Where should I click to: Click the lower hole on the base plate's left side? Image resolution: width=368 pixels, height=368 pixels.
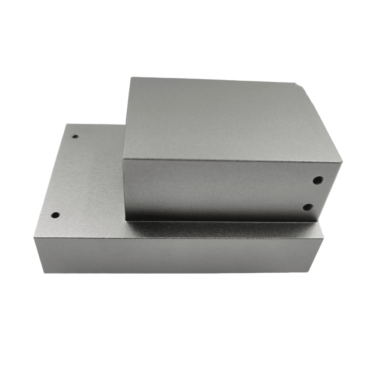pyautogui.click(x=55, y=215)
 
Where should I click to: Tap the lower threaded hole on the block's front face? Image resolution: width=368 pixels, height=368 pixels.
pyautogui.click(x=306, y=208)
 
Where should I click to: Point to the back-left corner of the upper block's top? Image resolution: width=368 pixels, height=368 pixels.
pyautogui.click(x=131, y=78)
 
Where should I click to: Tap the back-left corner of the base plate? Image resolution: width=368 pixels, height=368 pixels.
pyautogui.click(x=67, y=124)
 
